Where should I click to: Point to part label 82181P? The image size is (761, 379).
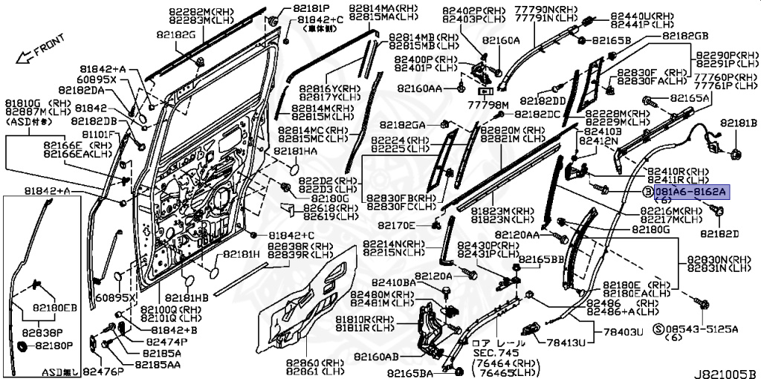coord(296,9)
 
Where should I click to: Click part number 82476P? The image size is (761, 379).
coord(103,370)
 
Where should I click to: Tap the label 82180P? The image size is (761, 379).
coord(55,346)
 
